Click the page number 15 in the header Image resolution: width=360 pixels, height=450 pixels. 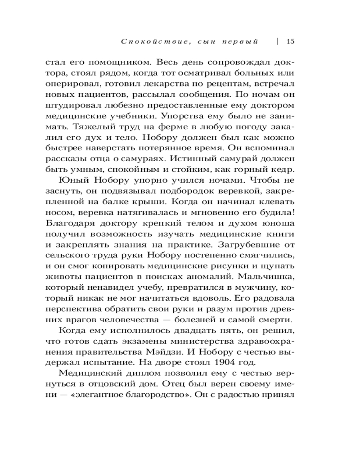pos(290,42)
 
